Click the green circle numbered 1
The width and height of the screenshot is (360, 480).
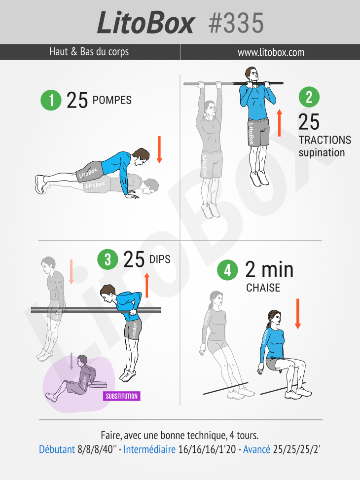click(x=51, y=100)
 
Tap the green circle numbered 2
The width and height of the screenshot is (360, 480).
click(x=309, y=97)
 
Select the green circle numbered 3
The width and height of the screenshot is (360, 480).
click(x=108, y=259)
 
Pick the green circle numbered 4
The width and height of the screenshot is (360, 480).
click(x=227, y=270)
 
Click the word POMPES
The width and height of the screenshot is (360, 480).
click(x=112, y=100)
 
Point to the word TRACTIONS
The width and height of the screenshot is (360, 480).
click(x=325, y=140)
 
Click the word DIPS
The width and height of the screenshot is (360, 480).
click(x=160, y=259)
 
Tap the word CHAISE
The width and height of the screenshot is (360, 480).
click(x=263, y=288)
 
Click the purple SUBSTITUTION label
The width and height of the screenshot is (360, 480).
click(x=121, y=396)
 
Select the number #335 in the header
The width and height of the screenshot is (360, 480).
click(x=236, y=23)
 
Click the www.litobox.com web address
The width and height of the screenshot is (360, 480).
click(x=271, y=52)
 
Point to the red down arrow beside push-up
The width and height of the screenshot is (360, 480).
click(x=159, y=149)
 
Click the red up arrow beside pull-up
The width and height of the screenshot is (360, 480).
click(x=279, y=123)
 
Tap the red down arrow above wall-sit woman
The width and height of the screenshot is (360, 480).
click(x=297, y=314)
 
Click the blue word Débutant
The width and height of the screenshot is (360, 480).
click(x=57, y=449)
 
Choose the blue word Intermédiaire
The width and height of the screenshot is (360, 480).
click(x=149, y=449)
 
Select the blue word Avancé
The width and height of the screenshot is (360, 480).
click(x=256, y=449)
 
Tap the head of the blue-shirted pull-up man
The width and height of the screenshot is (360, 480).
click(x=252, y=75)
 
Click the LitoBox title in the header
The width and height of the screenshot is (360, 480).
click(x=145, y=23)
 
